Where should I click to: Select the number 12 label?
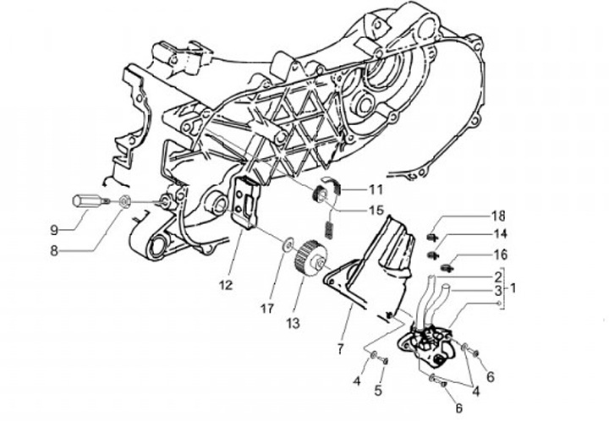[x=224, y=286]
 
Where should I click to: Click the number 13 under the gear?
[x=292, y=324]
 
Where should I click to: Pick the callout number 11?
[x=376, y=189]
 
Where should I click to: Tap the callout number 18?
[x=499, y=215]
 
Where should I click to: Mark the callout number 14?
[x=499, y=233]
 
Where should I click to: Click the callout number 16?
[x=499, y=254]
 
